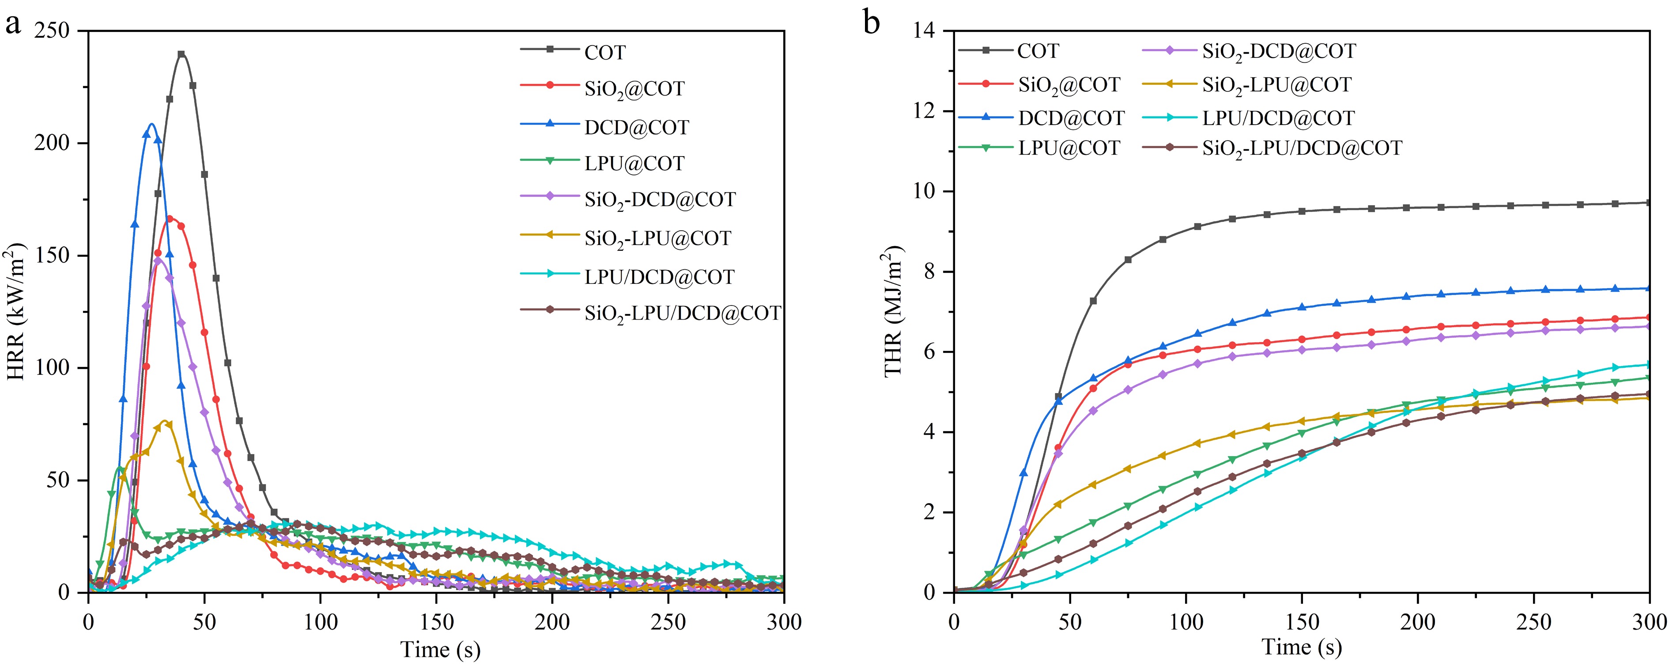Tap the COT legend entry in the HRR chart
(x=604, y=52)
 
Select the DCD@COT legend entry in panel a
(x=636, y=126)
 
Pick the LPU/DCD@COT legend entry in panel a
(x=659, y=277)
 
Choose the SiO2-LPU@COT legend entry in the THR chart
(x=1276, y=85)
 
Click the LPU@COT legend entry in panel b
(x=1069, y=148)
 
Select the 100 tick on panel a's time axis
(x=321, y=622)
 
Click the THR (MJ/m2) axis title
(x=893, y=311)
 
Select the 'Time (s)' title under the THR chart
(x=1302, y=646)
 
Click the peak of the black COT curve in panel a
(x=181, y=54)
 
